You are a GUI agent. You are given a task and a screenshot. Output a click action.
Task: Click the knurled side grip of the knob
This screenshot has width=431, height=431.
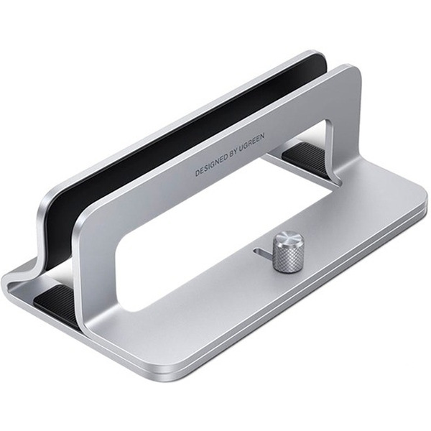click(x=287, y=259)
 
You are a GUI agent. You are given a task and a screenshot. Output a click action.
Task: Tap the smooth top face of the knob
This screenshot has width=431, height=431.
click(x=289, y=238)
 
